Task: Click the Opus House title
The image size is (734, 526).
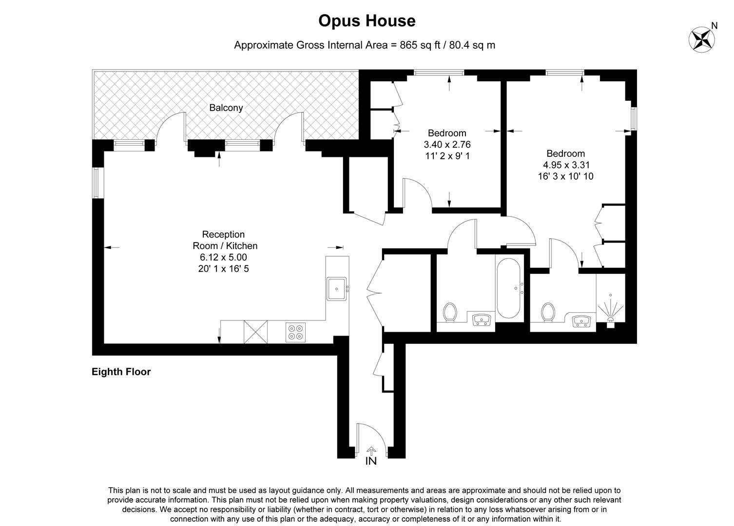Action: pyautogui.click(x=367, y=21)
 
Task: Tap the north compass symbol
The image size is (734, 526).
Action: pyautogui.click(x=702, y=38)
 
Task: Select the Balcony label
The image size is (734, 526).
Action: pyautogui.click(x=226, y=108)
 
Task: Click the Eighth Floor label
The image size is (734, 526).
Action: pyautogui.click(x=121, y=372)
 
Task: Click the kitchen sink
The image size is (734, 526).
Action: pyautogui.click(x=336, y=288)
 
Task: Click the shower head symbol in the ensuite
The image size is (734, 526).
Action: pyautogui.click(x=610, y=312)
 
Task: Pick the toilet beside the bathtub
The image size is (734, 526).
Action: pyautogui.click(x=450, y=313)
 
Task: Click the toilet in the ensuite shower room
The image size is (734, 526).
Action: pyautogui.click(x=548, y=312)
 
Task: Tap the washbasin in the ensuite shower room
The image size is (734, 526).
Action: pyautogui.click(x=581, y=321)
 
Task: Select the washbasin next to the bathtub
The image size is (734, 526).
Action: pyautogui.click(x=482, y=320)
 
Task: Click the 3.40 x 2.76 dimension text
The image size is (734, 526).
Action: pyautogui.click(x=447, y=145)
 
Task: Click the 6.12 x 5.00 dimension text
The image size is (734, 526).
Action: pyautogui.click(x=224, y=257)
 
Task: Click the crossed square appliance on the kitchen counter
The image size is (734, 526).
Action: pyautogui.click(x=256, y=332)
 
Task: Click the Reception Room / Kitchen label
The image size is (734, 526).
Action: pyautogui.click(x=224, y=240)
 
